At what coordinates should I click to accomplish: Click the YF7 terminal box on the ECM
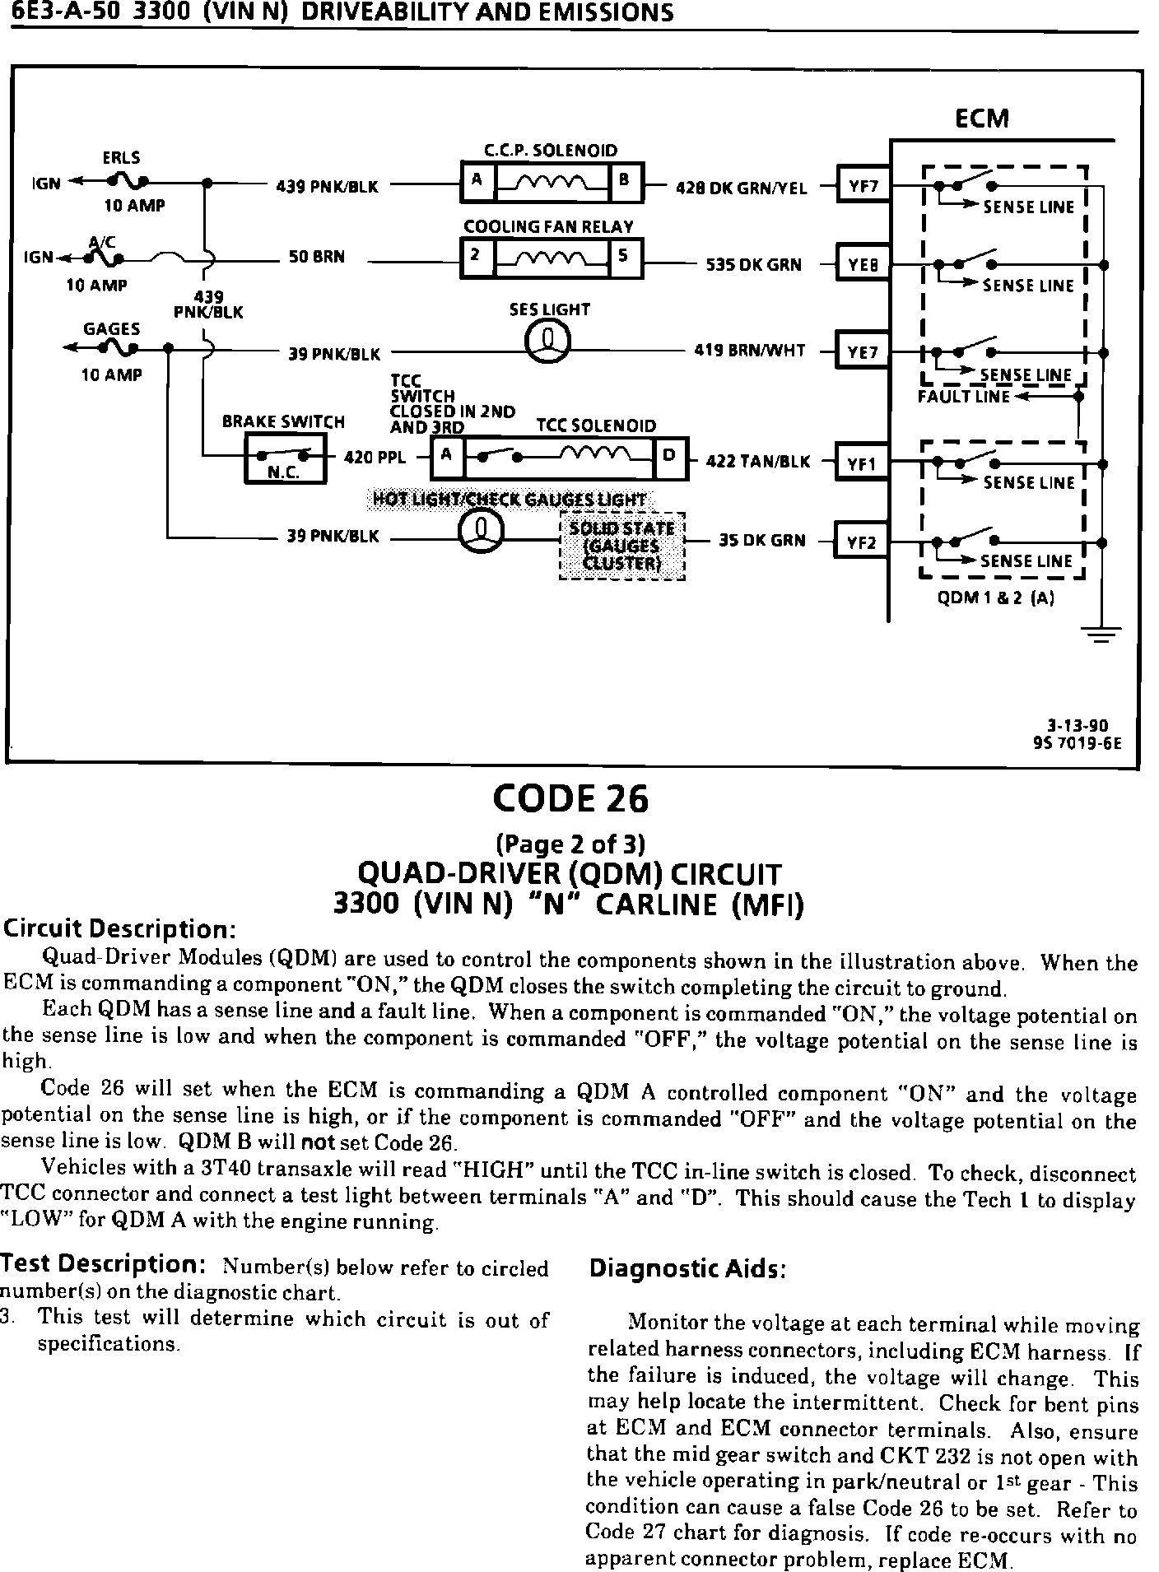tap(862, 186)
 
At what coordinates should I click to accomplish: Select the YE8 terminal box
tap(862, 265)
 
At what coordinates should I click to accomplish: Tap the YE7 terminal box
tap(862, 352)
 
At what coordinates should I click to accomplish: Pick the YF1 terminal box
tap(861, 464)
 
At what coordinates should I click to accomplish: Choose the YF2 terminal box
tap(861, 542)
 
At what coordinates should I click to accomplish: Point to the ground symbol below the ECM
tap(1101, 635)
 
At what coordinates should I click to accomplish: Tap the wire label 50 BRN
tap(316, 257)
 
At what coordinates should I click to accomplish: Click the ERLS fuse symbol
tap(130, 181)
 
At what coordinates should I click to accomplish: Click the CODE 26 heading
tap(570, 798)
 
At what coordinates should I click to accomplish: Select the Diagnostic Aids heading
tap(687, 1269)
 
